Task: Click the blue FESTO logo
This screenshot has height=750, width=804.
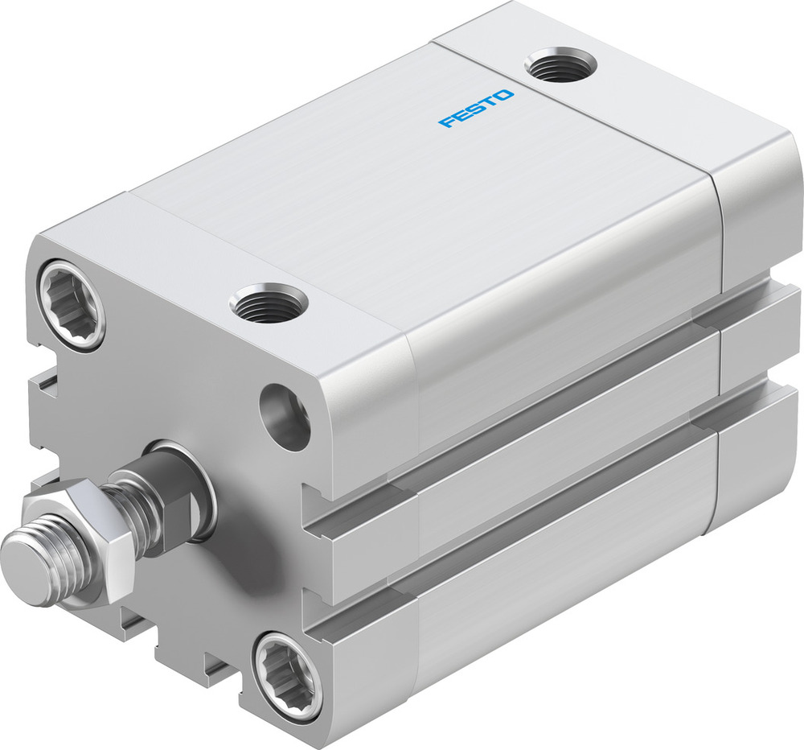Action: pos(476,109)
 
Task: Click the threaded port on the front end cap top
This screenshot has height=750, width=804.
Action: pos(269,303)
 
